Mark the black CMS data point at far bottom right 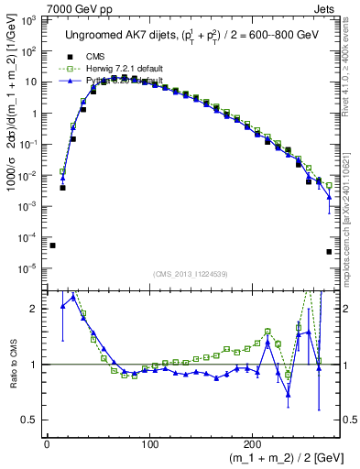329,252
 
